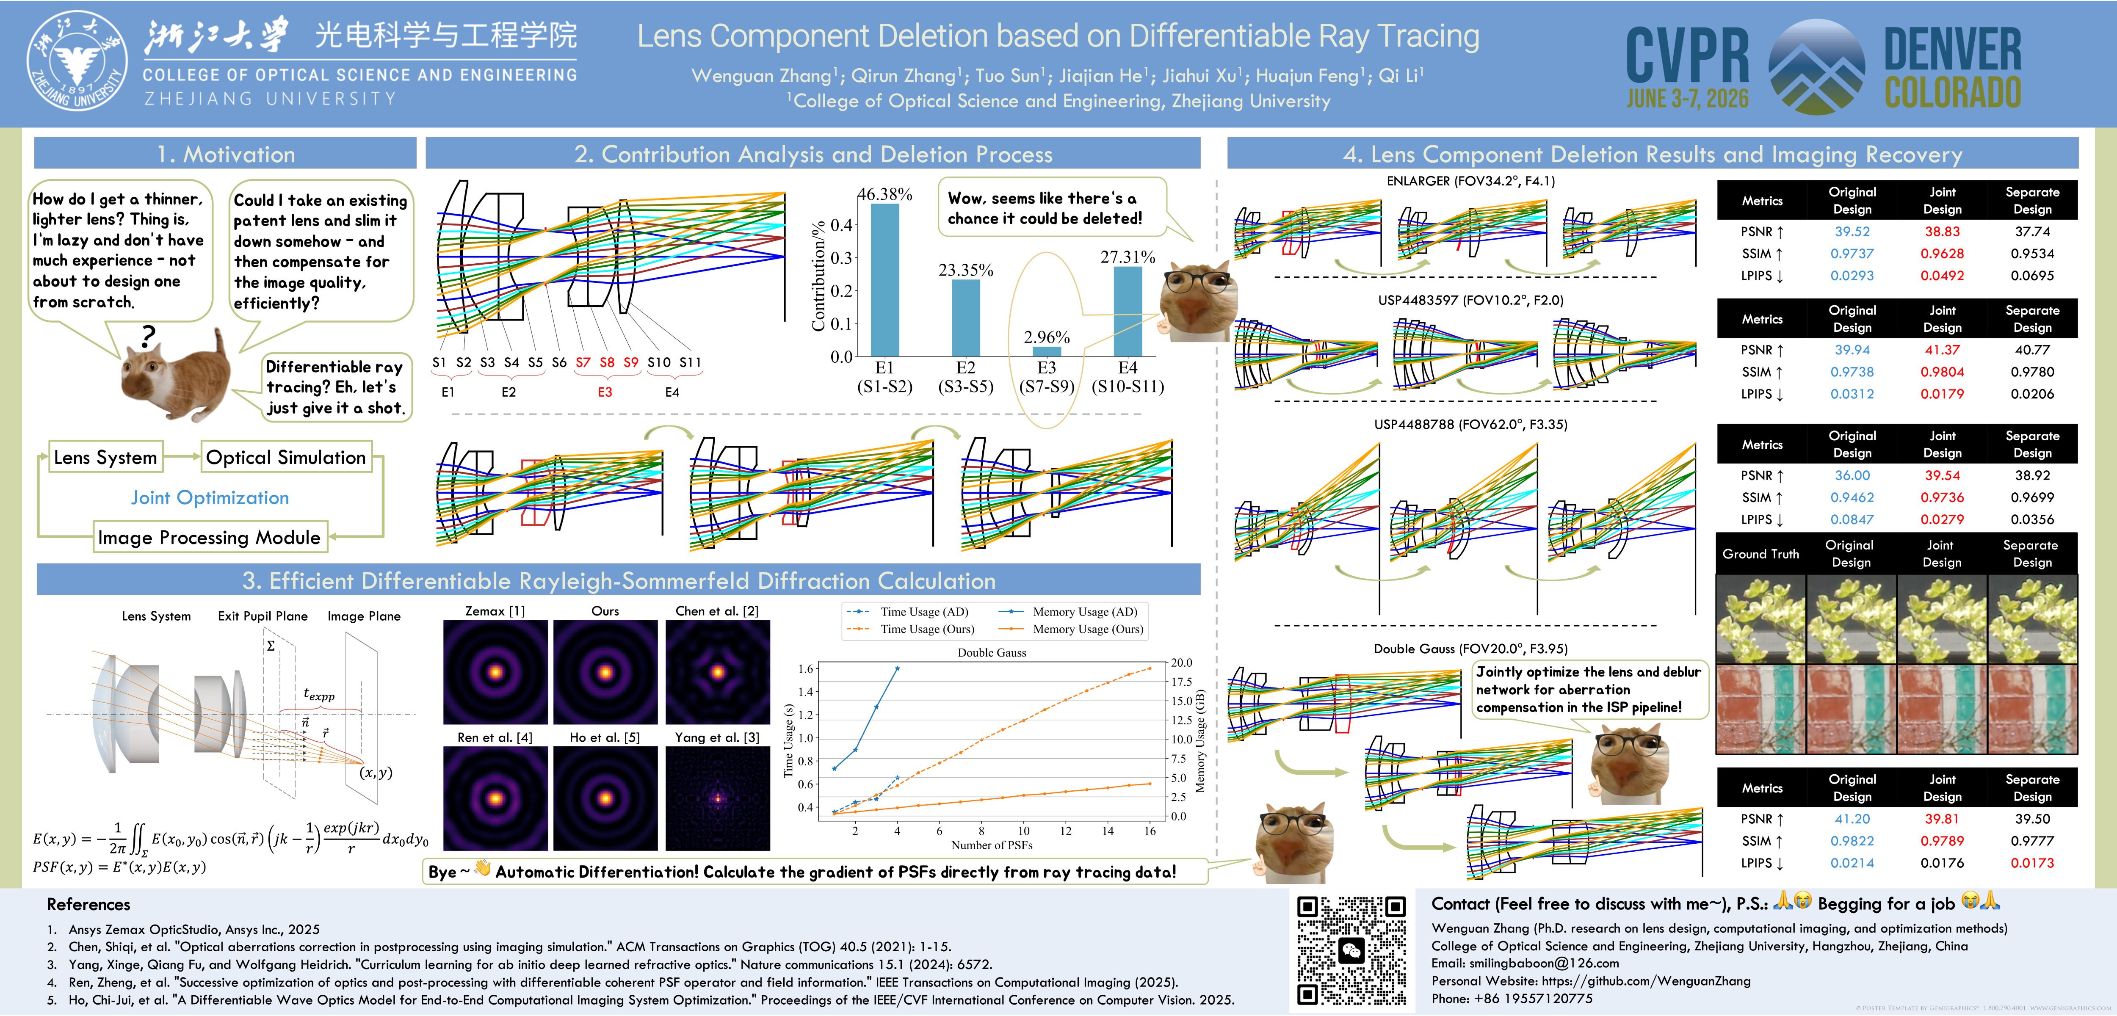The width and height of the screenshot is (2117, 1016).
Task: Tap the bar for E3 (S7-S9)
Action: [1046, 351]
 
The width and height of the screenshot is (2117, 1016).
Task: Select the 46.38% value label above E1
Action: [884, 194]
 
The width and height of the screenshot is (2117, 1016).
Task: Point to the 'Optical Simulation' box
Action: [286, 457]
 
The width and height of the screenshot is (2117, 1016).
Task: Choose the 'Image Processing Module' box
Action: [210, 538]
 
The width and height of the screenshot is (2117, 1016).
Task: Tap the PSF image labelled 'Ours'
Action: [606, 671]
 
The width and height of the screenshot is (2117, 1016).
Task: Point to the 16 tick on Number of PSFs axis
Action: [1150, 830]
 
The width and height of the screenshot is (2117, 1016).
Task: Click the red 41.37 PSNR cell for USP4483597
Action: [1942, 349]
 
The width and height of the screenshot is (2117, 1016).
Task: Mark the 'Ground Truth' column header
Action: [1760, 554]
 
